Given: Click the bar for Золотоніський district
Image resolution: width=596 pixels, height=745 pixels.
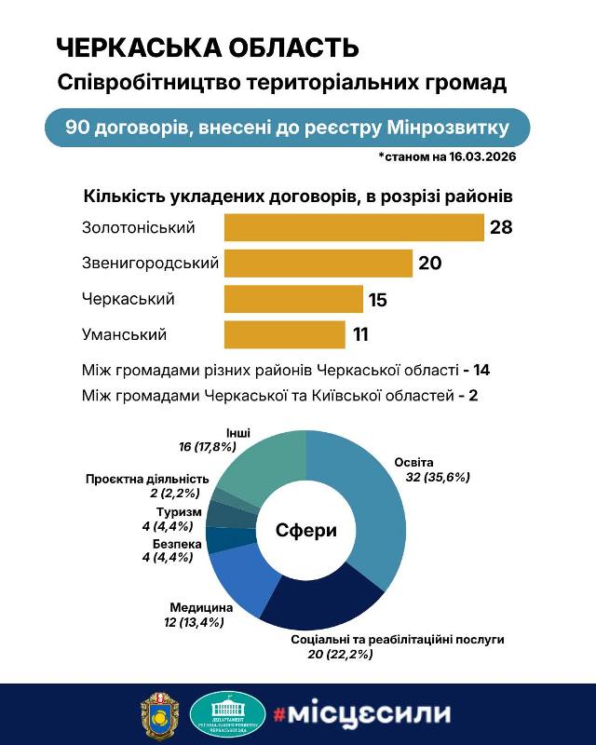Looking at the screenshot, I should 354,228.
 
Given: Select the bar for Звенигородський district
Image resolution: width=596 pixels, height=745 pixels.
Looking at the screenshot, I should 318,264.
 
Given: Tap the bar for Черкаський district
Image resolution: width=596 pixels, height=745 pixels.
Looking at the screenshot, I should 292,299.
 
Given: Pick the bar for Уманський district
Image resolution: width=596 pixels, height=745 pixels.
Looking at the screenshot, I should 284,334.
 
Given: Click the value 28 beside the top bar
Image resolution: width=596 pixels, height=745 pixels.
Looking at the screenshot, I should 502,228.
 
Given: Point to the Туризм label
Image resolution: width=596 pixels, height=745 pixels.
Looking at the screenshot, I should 172,513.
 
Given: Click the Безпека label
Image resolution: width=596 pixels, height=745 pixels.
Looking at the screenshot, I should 170,543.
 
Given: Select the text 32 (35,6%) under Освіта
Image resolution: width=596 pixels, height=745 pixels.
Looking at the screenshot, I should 438,476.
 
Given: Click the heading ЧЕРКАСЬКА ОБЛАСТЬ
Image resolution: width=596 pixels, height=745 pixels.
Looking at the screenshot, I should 207,48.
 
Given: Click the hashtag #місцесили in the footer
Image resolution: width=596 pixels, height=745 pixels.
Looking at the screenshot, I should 361,714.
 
